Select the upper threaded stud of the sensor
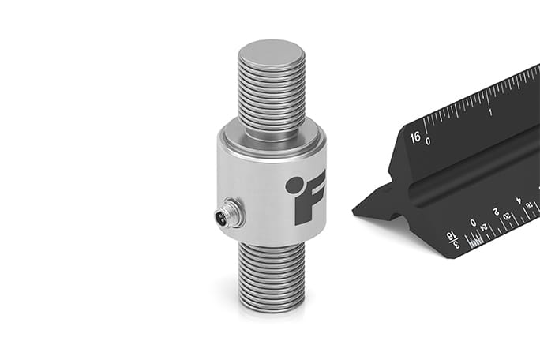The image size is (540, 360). (270, 95)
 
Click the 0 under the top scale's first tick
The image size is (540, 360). (428, 141)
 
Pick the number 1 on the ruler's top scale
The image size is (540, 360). (491, 111)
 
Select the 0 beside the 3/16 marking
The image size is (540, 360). (473, 223)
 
